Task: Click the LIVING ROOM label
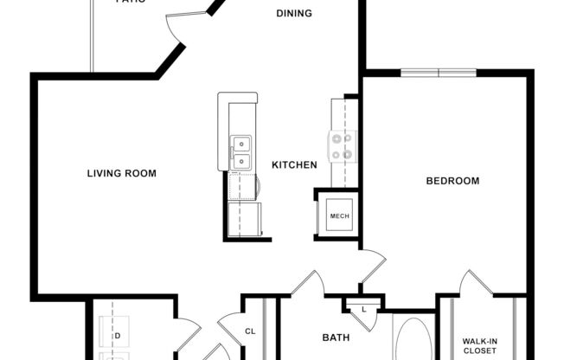(122, 173)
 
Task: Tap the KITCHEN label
(294, 164)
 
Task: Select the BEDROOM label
(452, 181)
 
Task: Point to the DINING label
(294, 14)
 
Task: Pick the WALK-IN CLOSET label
(478, 346)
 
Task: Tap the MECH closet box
(339, 215)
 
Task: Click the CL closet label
(250, 331)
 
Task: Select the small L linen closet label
(363, 309)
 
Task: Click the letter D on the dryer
(117, 335)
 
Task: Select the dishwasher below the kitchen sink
(242, 186)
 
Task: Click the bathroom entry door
(308, 283)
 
